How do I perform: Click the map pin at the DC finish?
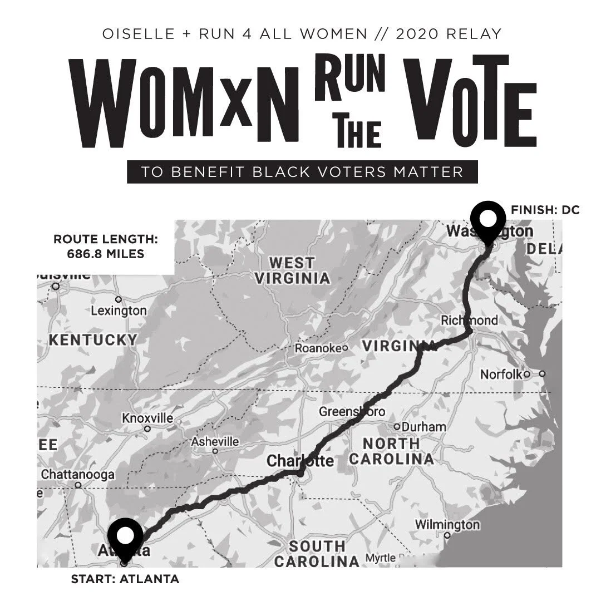tap(488, 219)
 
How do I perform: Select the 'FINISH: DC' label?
tap(545, 210)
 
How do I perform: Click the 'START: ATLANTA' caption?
tap(125, 579)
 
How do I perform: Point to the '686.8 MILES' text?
tap(106, 254)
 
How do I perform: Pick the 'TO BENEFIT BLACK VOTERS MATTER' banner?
tap(302, 171)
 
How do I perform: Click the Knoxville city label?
tap(147, 418)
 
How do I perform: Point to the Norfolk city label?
tap(502, 374)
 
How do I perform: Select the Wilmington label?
tap(447, 524)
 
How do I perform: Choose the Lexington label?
tap(119, 311)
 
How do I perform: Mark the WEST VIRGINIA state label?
tap(292, 270)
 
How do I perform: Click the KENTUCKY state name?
tap(93, 340)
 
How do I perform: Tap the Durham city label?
tap(423, 427)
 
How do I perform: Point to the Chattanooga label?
tap(78, 475)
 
